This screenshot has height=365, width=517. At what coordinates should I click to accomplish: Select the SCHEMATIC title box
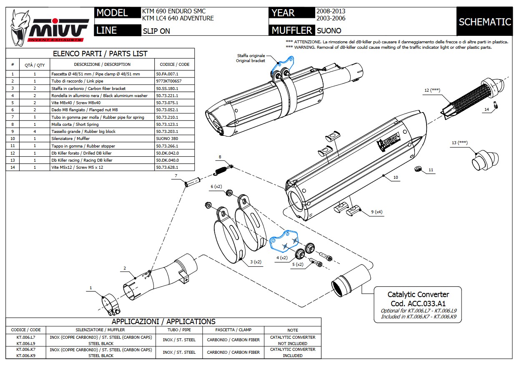484,22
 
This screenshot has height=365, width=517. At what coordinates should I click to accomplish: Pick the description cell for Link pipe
102,81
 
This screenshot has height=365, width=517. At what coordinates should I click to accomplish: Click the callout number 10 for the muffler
395,177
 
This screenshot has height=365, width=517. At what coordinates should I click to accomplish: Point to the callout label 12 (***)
432,90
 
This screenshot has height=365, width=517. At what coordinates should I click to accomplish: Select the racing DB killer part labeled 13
483,160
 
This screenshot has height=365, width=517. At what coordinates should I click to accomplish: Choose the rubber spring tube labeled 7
193,182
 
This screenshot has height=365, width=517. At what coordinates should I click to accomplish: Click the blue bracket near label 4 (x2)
284,242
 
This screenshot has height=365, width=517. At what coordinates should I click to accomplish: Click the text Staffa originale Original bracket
251,58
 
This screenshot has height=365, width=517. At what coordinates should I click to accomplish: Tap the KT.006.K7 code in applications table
26,350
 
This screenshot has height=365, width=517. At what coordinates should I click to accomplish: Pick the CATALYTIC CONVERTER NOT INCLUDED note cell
293,340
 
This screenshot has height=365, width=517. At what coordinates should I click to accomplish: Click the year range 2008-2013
331,11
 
